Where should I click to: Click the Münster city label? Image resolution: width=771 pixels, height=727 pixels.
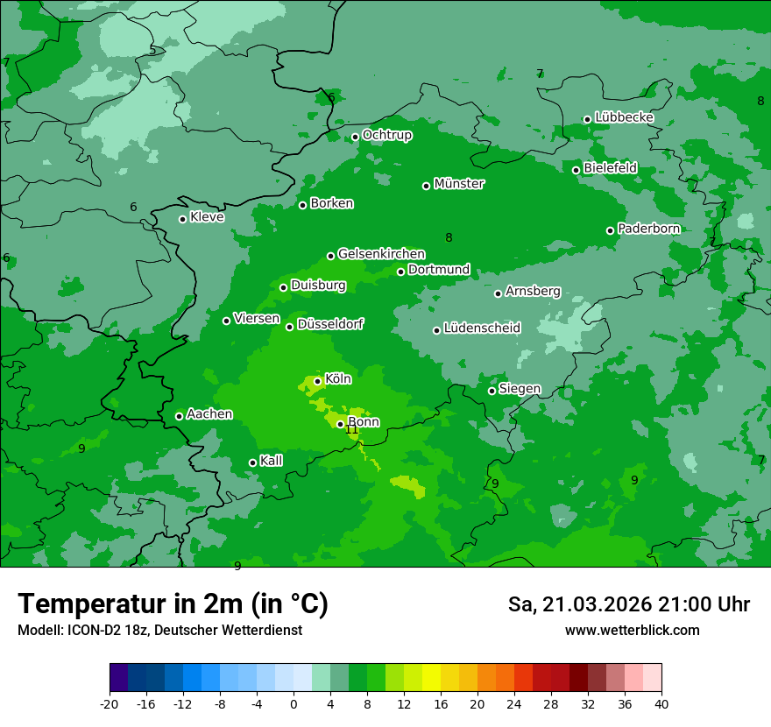tap(459, 184)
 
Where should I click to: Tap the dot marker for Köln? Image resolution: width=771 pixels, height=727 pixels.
tap(317, 381)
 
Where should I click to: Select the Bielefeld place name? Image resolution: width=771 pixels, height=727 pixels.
tap(611, 167)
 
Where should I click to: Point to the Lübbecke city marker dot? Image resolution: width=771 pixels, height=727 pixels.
tap(587, 119)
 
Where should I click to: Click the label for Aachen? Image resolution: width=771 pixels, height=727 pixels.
tap(209, 414)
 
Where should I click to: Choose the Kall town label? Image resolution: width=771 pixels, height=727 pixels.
tap(272, 461)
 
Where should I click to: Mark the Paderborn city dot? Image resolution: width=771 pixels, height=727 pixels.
tap(611, 230)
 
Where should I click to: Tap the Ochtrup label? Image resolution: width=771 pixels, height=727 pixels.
tap(387, 135)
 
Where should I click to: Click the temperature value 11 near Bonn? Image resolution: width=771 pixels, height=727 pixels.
tap(352, 430)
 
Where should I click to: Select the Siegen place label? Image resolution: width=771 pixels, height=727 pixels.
tap(520, 389)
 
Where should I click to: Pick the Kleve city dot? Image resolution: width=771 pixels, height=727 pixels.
tap(182, 219)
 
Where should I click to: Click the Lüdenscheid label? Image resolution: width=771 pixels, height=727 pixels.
tap(482, 328)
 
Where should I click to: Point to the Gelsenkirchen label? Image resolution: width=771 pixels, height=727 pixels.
tap(381, 254)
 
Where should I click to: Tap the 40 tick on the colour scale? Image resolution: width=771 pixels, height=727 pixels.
tap(661, 703)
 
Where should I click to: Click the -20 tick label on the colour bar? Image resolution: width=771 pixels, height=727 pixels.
tap(110, 703)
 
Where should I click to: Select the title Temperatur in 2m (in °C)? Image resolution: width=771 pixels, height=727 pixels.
tap(173, 603)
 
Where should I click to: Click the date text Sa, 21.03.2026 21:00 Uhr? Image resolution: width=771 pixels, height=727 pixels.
tap(629, 604)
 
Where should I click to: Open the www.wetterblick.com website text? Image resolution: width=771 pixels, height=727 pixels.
tap(632, 631)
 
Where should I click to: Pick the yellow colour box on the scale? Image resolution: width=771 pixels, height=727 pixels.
tap(431, 678)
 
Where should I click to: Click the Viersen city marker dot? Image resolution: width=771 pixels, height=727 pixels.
tap(226, 321)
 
